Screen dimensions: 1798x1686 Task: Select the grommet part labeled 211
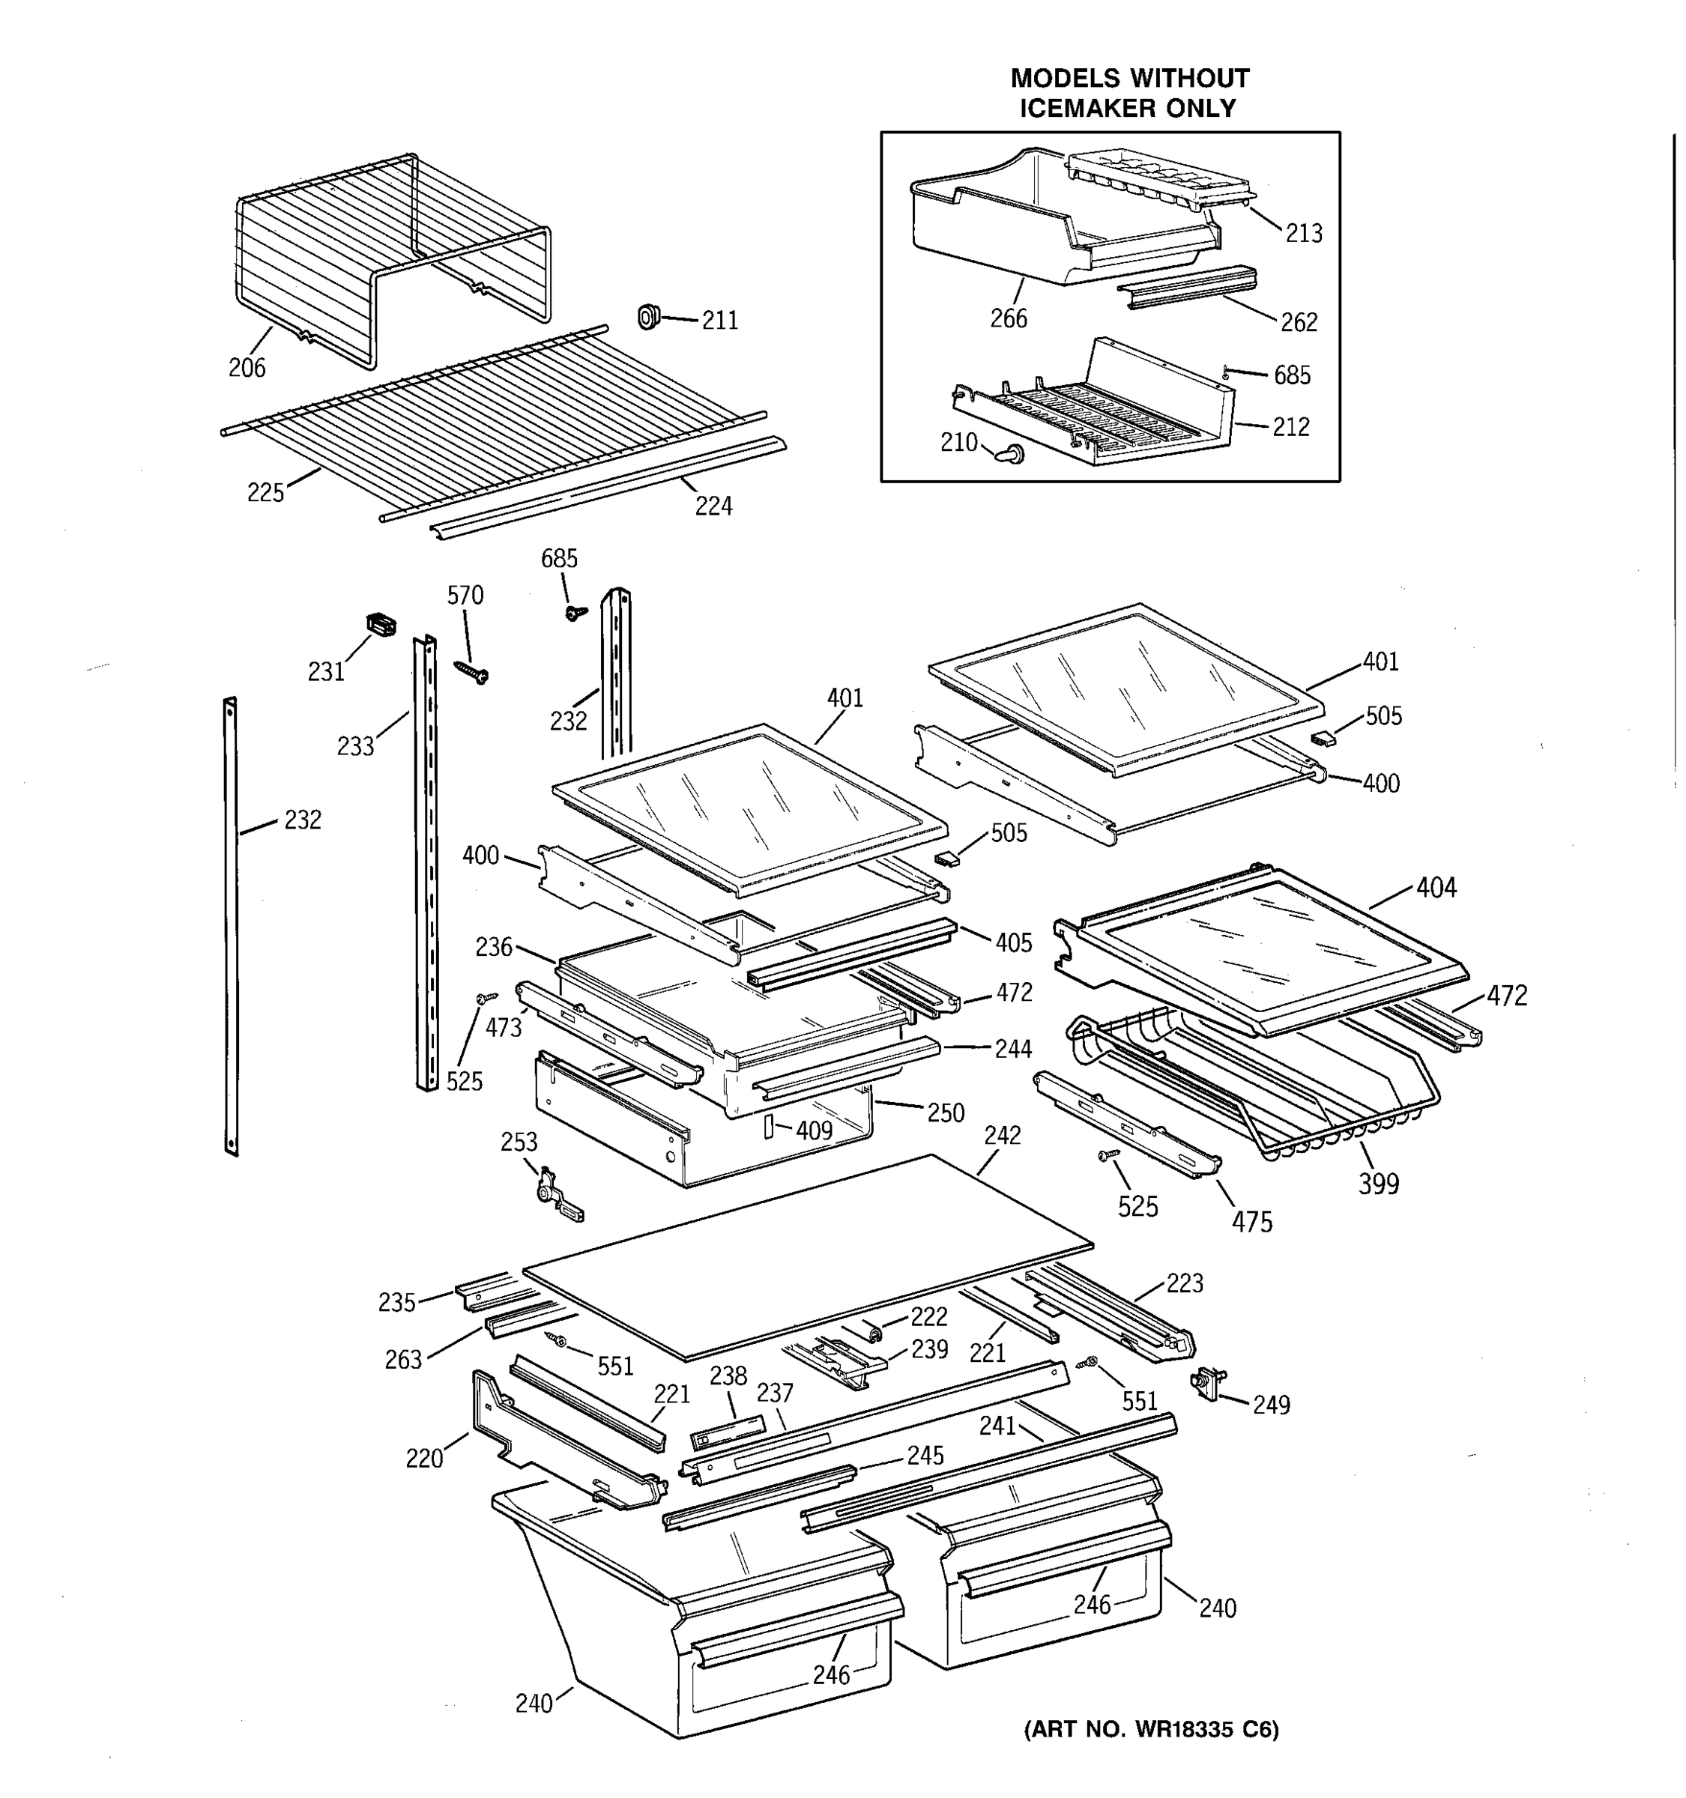pyautogui.click(x=647, y=318)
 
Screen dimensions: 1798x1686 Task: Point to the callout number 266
pyautogui.click(x=1008, y=318)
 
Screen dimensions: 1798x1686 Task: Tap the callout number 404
pyautogui.click(x=1436, y=889)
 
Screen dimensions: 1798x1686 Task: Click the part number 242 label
pyautogui.click(x=1001, y=1135)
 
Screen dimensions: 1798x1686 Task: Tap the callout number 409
pyautogui.click(x=813, y=1130)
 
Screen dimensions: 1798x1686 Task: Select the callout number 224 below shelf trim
pyautogui.click(x=713, y=506)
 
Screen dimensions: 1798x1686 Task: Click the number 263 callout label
pyautogui.click(x=402, y=1360)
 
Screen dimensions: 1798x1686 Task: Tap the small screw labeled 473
pyautogui.click(x=486, y=999)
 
